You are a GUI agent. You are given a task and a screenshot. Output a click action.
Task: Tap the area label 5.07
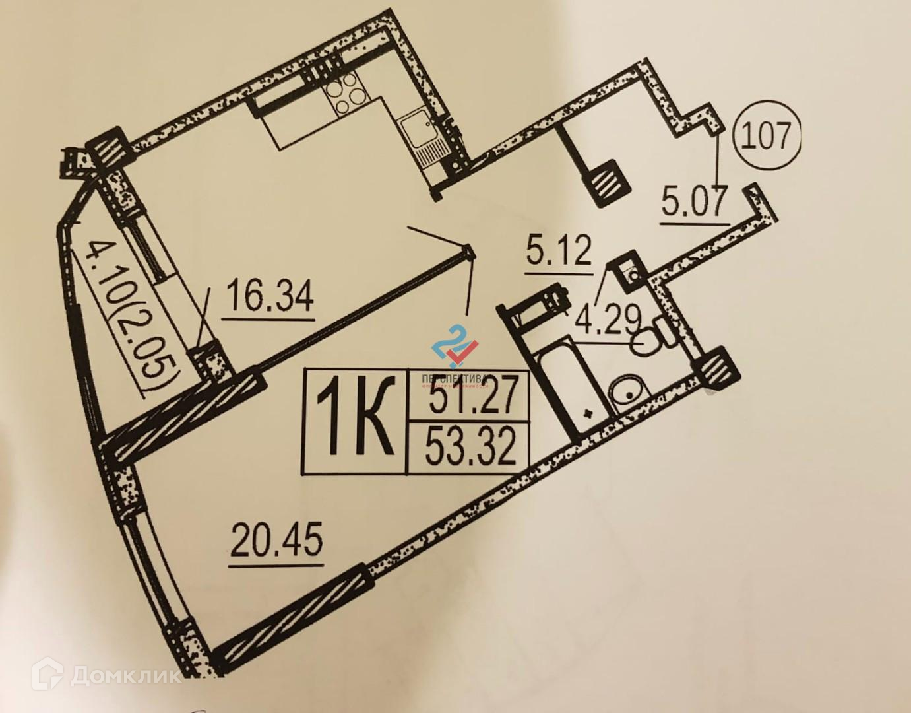[x=695, y=202]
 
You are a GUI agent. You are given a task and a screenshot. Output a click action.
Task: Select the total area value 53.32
[x=470, y=447]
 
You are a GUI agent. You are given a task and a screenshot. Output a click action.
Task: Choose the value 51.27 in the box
[x=470, y=399]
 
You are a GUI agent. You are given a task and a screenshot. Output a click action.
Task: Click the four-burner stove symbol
[x=348, y=93]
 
